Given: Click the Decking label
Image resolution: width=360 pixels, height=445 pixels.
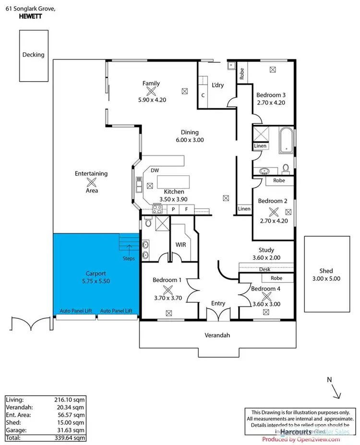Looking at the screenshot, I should point(33,55).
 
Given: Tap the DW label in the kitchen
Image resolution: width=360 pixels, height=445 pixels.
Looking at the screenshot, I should point(155,170).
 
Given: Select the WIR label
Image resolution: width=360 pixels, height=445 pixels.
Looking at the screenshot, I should point(181,245).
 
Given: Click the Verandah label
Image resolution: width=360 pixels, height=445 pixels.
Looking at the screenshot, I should point(218,336).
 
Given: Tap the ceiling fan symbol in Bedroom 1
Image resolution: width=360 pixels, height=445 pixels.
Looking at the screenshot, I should point(168,289).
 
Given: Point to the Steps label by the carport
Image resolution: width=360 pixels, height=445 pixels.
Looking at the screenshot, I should point(128,258).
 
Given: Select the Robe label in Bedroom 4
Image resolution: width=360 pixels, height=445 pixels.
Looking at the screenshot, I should point(276,278).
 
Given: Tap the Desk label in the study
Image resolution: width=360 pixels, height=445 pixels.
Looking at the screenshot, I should point(264,269).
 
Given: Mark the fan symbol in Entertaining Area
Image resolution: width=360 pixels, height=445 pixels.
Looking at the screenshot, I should point(91,182).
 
